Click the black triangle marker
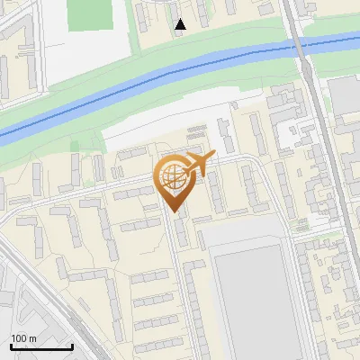coord(181,24)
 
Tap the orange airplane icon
coord(199,164)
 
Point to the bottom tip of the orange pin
coord(175,211)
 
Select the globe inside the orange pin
coord(174,177)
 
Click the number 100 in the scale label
coord(18,338)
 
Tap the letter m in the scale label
coord(31,338)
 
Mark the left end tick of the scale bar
coord(10,346)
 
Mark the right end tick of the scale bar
coord(71,346)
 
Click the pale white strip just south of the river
coord(162,126)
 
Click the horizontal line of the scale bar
coord(40,346)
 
